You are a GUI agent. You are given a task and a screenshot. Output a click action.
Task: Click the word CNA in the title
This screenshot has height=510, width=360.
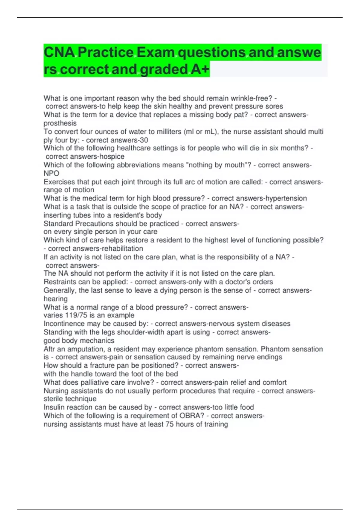[59, 52]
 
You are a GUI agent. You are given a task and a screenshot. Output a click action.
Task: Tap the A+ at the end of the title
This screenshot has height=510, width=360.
[200, 70]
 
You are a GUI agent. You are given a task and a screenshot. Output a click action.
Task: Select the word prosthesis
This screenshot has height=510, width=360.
[60, 123]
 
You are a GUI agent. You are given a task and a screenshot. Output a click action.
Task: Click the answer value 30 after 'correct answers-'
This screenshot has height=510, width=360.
[144, 140]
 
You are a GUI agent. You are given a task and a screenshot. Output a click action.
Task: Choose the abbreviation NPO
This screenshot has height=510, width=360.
[51, 173]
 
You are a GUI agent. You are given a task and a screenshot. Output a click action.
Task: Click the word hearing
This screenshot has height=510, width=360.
[55, 299]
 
